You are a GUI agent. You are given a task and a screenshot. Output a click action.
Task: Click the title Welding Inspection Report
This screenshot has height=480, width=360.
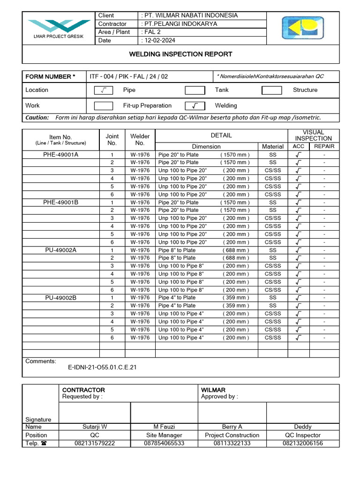(x=180, y=54)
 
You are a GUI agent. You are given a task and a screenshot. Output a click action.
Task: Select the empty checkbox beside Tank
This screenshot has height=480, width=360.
(x=195, y=90)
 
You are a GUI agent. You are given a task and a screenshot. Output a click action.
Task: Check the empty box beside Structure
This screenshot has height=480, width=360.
(x=271, y=90)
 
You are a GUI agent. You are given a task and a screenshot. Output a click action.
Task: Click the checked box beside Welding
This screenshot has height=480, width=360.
(x=195, y=106)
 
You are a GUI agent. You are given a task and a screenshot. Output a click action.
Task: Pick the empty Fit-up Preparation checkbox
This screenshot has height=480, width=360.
(x=104, y=106)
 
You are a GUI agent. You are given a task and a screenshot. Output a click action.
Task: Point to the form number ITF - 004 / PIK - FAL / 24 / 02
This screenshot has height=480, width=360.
(x=128, y=76)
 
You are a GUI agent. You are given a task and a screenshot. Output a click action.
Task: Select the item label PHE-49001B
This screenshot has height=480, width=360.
(x=60, y=202)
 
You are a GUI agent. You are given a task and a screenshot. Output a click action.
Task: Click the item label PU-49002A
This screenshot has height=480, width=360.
(x=60, y=250)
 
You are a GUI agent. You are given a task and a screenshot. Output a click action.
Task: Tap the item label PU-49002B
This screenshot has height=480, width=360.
(x=60, y=298)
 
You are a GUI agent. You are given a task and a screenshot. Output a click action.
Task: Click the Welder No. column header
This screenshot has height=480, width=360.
(x=140, y=140)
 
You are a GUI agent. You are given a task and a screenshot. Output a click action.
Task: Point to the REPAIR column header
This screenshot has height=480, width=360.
(x=324, y=146)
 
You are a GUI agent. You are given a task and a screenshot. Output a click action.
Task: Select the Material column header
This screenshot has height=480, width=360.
(x=273, y=147)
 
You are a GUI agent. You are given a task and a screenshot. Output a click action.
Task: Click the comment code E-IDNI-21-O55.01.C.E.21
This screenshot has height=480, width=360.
(x=103, y=367)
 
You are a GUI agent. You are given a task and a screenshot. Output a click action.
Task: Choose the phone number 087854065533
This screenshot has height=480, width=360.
(x=164, y=443)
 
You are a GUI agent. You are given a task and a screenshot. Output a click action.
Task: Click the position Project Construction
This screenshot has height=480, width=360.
(x=232, y=435)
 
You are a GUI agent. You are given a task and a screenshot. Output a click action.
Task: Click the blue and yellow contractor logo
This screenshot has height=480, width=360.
(x=302, y=28)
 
